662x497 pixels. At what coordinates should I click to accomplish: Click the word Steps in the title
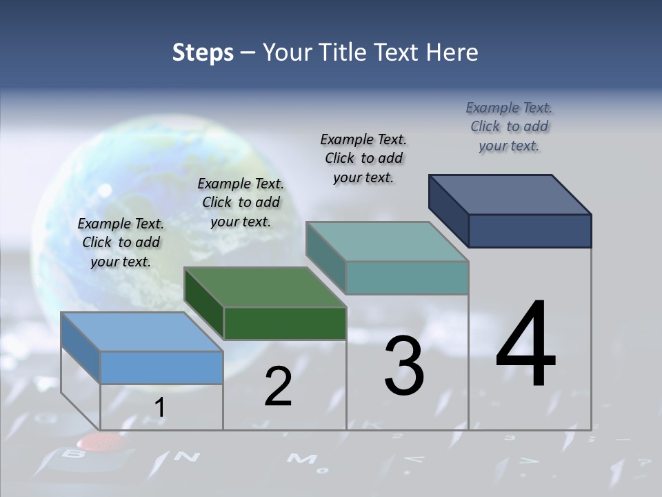pyautogui.click(x=203, y=52)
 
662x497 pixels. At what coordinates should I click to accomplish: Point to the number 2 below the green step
pyautogui.click(x=279, y=387)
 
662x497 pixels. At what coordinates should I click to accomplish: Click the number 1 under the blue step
pyautogui.click(x=159, y=408)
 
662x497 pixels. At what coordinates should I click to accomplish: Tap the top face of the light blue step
pyautogui.click(x=141, y=331)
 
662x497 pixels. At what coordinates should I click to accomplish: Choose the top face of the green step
pyautogui.click(x=264, y=287)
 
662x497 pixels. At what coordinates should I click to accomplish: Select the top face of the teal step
pyautogui.click(x=387, y=242)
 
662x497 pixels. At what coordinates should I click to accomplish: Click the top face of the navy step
pyautogui.click(x=510, y=194)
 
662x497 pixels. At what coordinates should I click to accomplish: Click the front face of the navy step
pyautogui.click(x=530, y=231)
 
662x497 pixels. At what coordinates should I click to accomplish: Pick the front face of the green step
pyautogui.click(x=285, y=323)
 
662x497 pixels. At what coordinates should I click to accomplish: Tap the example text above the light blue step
pyautogui.click(x=121, y=242)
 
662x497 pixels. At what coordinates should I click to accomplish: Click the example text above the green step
pyautogui.click(x=241, y=202)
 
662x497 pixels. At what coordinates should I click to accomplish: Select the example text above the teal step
pyautogui.click(x=363, y=158)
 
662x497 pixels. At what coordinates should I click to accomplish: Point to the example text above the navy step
pyautogui.click(x=509, y=126)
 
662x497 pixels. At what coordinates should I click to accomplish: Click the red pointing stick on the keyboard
pyautogui.click(x=93, y=441)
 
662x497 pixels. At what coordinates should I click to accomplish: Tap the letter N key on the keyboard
pyautogui.click(x=185, y=456)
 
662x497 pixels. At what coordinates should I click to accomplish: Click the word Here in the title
pyautogui.click(x=452, y=52)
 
